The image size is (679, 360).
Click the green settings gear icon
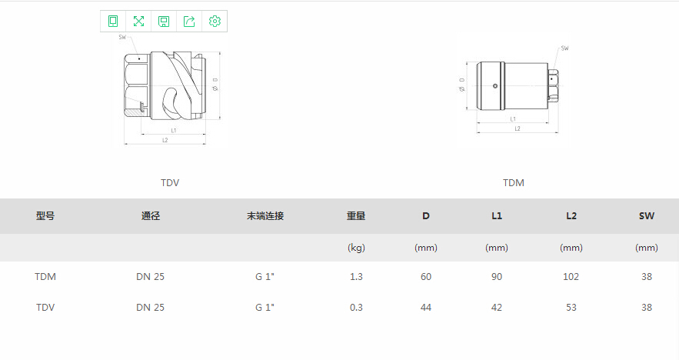[215, 22]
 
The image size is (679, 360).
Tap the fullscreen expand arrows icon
[138, 22]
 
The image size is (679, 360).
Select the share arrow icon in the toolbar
[189, 22]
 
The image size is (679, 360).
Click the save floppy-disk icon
[164, 22]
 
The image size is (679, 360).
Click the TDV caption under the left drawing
[170, 183]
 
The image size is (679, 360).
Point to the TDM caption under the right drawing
[514, 183]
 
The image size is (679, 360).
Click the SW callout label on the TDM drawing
[564, 48]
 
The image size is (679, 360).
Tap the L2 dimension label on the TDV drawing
[165, 140]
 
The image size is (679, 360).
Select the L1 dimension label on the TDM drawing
[513, 119]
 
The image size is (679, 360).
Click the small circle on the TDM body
[495, 86]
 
